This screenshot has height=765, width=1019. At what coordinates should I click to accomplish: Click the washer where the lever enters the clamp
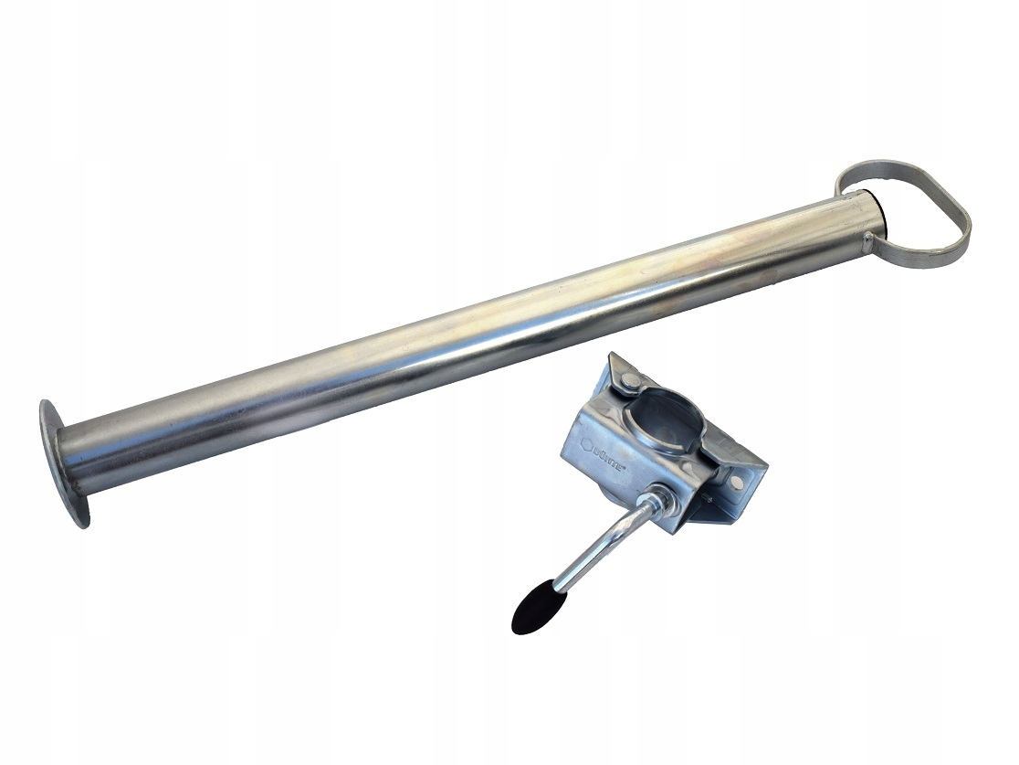pos(654,502)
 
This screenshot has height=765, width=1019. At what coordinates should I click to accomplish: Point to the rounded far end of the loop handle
pos(963,224)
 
